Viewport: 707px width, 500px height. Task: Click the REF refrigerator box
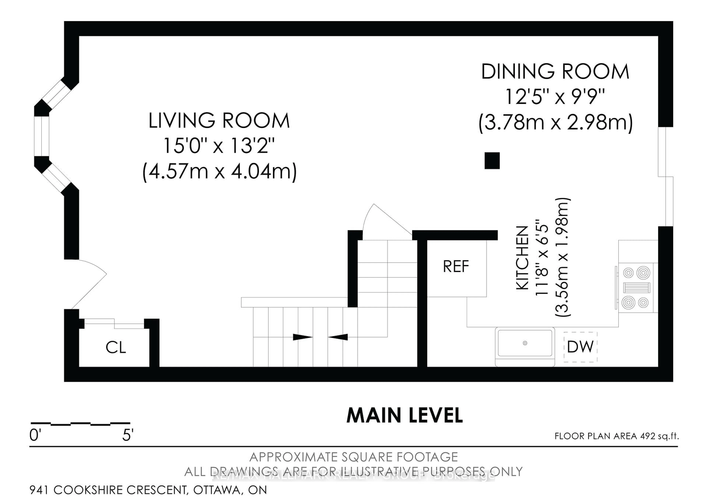[456, 267]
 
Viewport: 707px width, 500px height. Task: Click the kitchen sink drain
[525, 343]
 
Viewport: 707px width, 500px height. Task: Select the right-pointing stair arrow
[302, 337]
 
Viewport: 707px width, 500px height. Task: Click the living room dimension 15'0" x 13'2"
[219, 146]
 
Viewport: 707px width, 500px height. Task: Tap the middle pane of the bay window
[42, 136]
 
